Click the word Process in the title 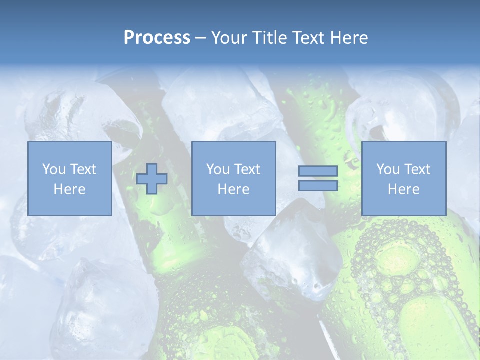(x=157, y=38)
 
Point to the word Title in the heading (x=268, y=38)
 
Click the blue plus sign (x=152, y=178)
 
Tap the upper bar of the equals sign (x=318, y=171)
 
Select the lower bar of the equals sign (x=318, y=185)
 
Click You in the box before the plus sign (x=54, y=169)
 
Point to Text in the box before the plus (x=83, y=169)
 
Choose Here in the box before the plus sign (x=69, y=189)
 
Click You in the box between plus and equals (x=218, y=169)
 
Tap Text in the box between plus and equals (x=247, y=169)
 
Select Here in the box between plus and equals (x=233, y=189)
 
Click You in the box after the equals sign (x=388, y=169)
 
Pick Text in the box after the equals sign (x=417, y=169)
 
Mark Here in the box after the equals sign (x=403, y=189)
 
